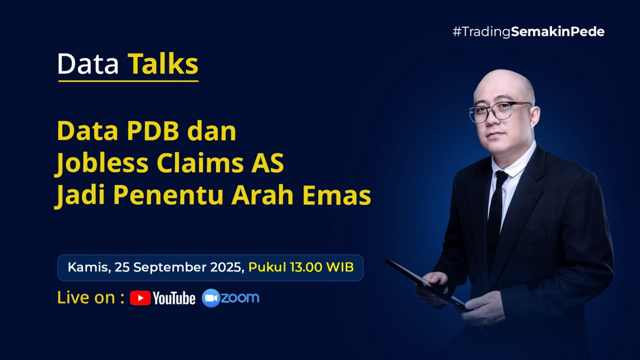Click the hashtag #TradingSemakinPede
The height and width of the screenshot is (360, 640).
[528, 31]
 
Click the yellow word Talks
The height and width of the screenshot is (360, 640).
[163, 63]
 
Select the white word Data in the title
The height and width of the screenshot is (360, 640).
[88, 64]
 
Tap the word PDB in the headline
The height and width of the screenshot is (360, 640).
[153, 131]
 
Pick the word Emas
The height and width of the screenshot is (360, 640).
[337, 195]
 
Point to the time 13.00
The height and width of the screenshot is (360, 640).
[306, 268]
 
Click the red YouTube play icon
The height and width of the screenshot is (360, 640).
[141, 298]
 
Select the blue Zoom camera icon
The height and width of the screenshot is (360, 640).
[211, 298]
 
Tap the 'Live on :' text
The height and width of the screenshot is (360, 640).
[91, 298]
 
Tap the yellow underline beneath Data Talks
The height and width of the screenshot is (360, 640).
[128, 81]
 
